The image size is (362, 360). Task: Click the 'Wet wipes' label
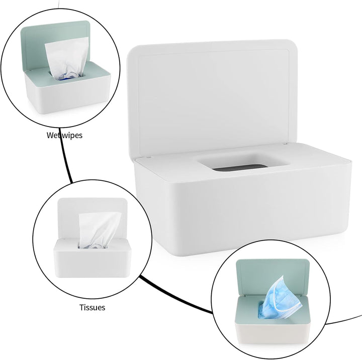64,135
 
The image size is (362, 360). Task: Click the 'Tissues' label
92,307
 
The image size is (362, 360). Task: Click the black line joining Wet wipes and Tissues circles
65,161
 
